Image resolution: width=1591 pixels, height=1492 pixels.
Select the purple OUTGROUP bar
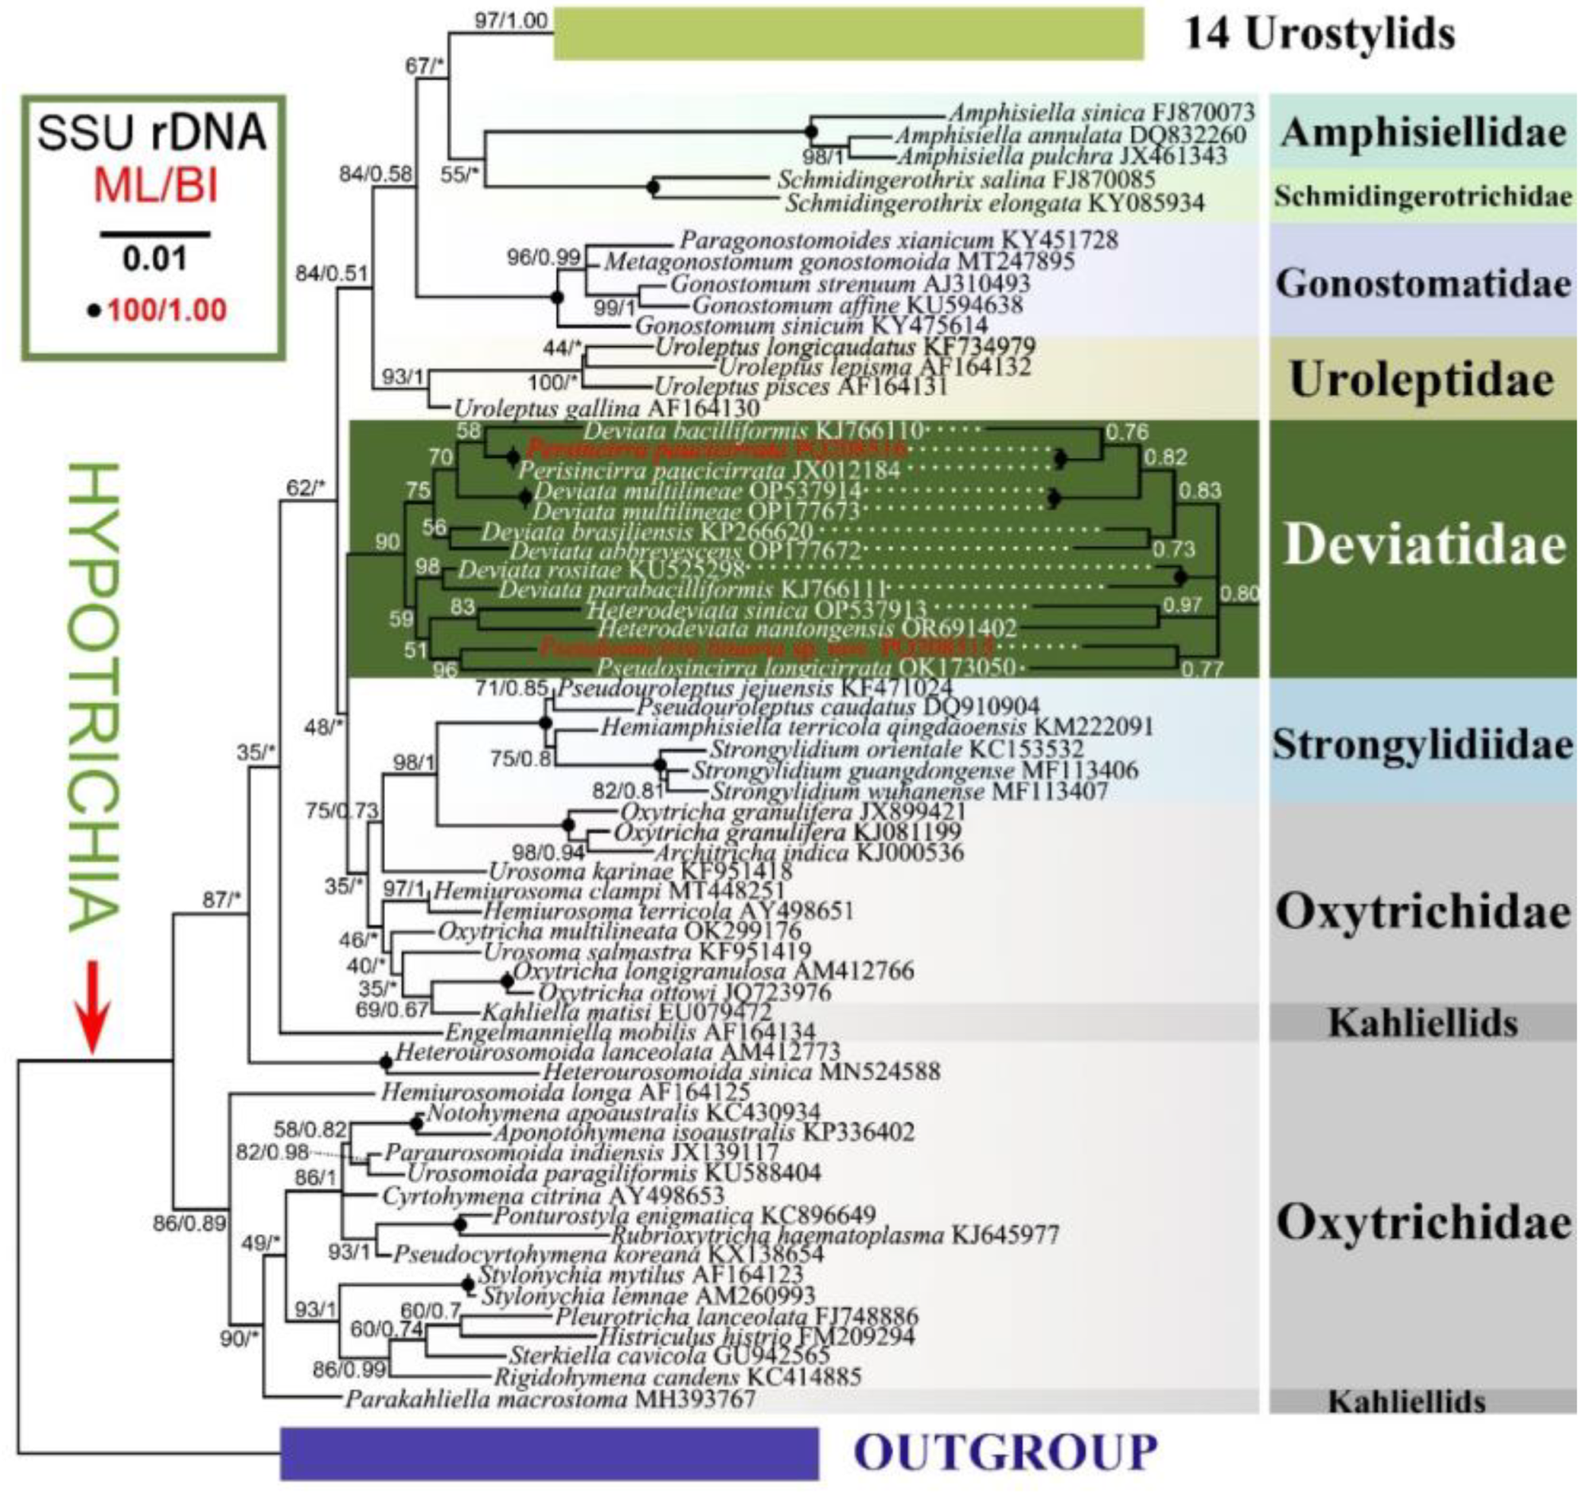549,1452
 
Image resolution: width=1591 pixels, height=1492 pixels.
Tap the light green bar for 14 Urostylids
848,33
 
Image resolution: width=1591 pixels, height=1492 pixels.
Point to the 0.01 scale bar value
154,259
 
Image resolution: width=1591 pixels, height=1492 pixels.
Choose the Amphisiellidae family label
1422,133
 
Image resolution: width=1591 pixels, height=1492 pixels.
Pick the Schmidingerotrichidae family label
1422,196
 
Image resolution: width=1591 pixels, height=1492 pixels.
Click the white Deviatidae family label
1424,546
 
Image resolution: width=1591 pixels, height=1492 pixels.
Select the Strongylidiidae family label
1422,744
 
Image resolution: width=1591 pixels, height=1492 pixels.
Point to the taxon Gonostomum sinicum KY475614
811,326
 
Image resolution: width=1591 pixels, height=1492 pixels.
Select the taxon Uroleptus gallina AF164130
606,408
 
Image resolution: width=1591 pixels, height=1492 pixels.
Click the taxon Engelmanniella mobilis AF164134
630,1033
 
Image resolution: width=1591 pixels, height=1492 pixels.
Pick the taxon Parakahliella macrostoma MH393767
550,1399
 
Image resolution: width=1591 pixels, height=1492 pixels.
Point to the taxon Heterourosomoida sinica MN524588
741,1071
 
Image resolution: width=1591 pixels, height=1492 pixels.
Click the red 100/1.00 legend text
166,311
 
